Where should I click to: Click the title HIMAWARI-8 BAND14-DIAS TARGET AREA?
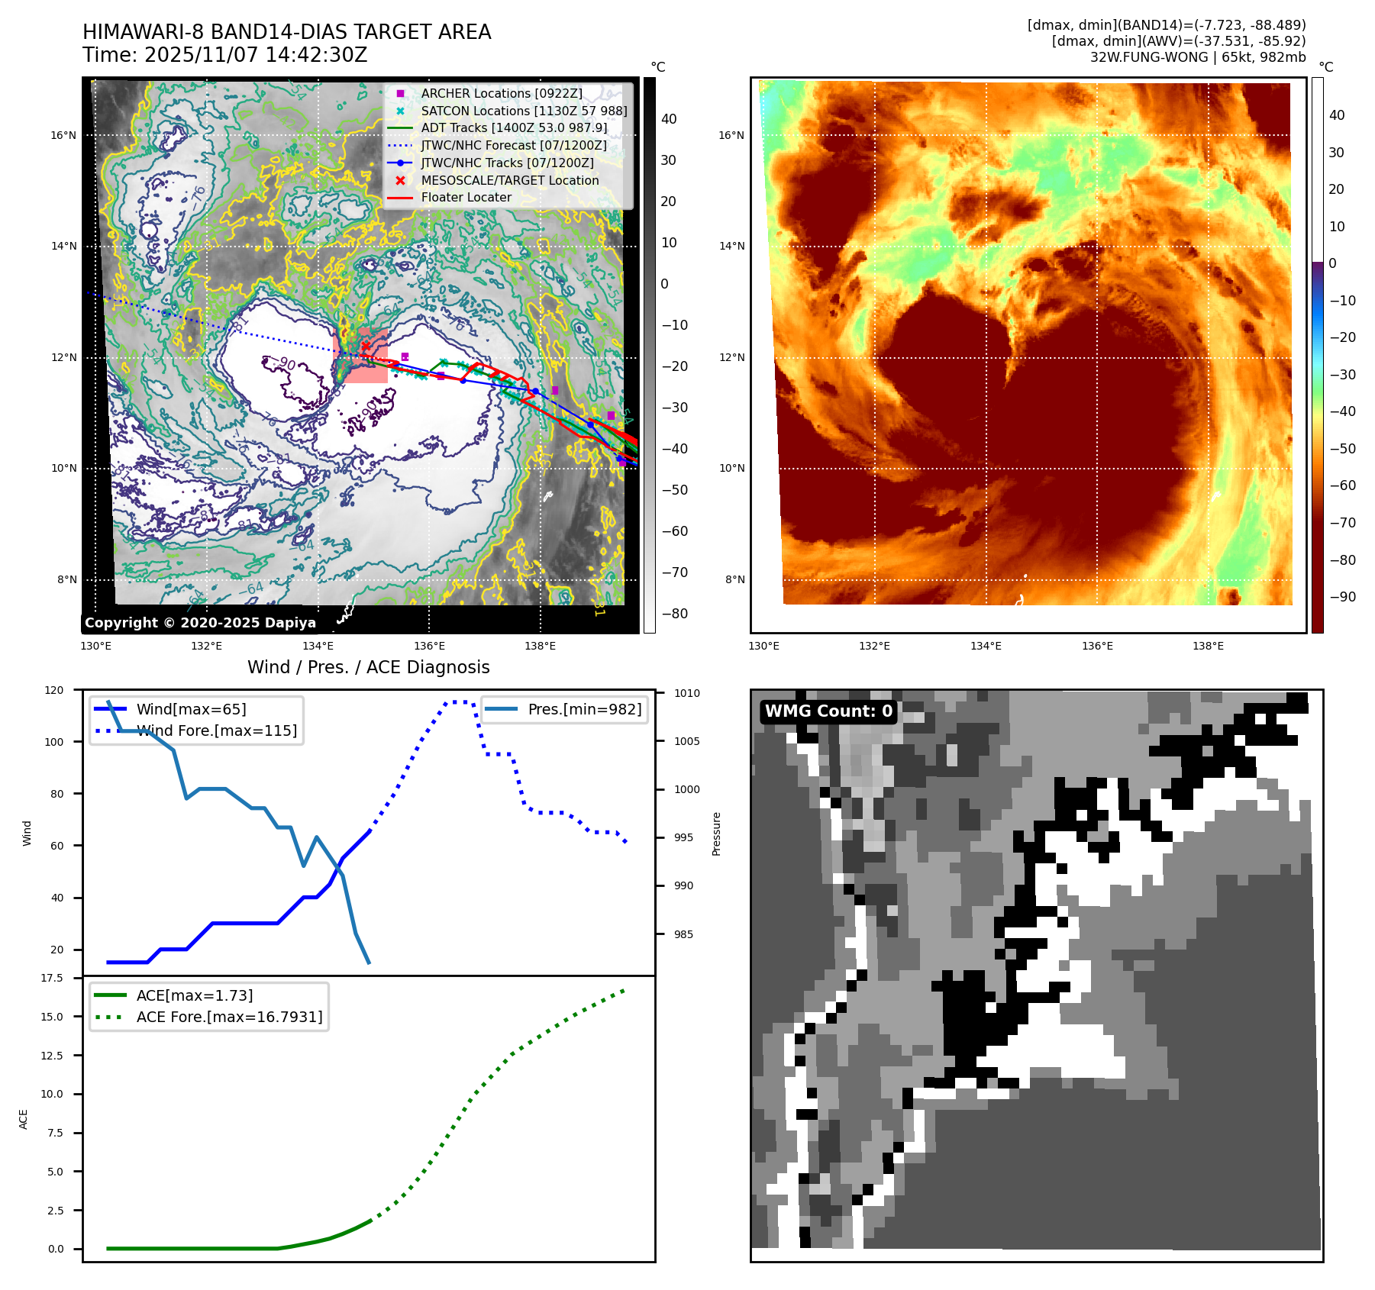[286, 32]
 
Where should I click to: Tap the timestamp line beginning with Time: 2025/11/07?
[224, 56]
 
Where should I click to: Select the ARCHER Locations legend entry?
[501, 93]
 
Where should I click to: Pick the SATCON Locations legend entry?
[523, 111]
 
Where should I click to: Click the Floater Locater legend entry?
[466, 197]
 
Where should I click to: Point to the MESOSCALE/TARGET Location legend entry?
[509, 180]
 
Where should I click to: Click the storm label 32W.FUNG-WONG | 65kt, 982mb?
[1197, 57]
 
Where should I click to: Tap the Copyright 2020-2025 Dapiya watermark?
[200, 622]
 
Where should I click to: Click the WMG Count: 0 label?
[828, 711]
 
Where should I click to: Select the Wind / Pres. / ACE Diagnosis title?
[368, 667]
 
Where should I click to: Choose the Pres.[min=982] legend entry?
[584, 709]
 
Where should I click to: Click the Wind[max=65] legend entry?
[191, 709]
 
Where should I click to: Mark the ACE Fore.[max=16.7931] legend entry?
[229, 1017]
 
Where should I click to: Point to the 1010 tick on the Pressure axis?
[686, 693]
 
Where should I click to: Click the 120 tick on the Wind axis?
[54, 690]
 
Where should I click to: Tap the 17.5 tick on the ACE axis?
[52, 978]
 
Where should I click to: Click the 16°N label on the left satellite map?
[63, 136]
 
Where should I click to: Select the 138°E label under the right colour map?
[1208, 646]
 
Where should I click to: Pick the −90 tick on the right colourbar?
[1342, 597]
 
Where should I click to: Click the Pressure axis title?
[716, 834]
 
